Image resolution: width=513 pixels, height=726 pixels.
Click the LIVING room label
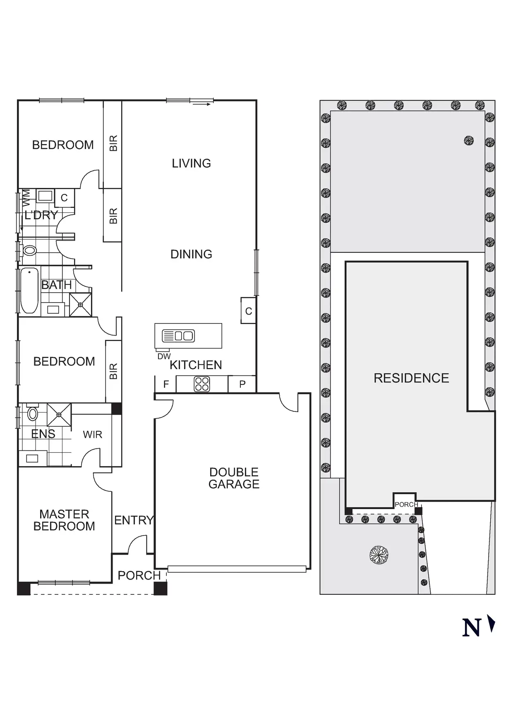pos(191,163)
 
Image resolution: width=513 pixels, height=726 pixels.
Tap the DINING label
pos(191,254)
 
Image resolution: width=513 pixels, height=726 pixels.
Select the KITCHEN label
pos(196,365)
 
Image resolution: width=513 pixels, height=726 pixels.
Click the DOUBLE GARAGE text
pos(234,478)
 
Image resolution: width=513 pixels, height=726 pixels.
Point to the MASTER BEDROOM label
pos(64,520)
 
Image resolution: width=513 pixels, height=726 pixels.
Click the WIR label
pos(92,435)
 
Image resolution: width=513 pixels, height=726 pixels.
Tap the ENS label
pos(43,434)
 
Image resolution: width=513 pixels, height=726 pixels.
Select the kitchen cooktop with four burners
pos(202,384)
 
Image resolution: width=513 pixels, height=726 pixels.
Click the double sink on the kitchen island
pos(178,336)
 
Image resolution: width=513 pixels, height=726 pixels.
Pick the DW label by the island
pos(164,356)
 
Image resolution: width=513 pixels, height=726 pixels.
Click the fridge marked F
pos(166,385)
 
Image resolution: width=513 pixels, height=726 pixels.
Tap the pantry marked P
pos(242,385)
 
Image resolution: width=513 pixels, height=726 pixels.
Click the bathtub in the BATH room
pos(29,290)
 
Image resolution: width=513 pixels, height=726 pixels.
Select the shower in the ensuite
pos(59,414)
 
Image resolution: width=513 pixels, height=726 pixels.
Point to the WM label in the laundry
pos(26,198)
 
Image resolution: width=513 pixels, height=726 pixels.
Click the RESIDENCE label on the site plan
pos(411,378)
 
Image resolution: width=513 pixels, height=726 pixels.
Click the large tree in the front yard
pos(379,555)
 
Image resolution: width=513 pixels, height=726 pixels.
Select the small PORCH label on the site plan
pos(406,505)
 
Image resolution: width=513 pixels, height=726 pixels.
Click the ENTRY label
pos(134,520)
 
